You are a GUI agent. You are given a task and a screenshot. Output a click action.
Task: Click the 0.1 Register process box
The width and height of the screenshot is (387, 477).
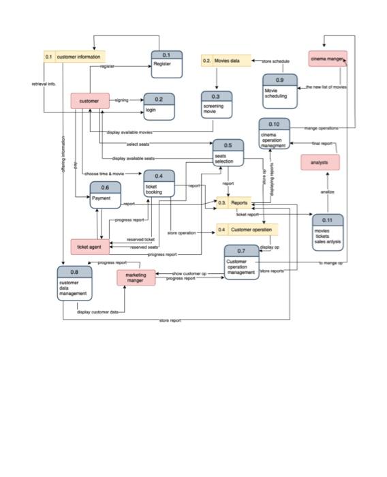pyautogui.click(x=167, y=65)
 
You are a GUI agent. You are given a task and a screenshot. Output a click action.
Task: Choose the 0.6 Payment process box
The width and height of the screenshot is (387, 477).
pyautogui.click(x=106, y=196)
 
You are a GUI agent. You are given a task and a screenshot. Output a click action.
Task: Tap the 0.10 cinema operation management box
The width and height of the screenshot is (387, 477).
pyautogui.click(x=274, y=134)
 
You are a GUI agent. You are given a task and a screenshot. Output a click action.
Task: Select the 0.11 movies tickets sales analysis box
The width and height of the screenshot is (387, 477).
pyautogui.click(x=327, y=232)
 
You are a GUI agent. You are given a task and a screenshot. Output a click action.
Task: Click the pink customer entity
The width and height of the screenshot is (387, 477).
pyautogui.click(x=89, y=101)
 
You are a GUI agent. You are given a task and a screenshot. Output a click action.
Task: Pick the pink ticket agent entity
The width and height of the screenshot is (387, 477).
pyautogui.click(x=89, y=246)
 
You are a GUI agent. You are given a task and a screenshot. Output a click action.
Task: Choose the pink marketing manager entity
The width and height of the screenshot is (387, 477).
pyautogui.click(x=136, y=277)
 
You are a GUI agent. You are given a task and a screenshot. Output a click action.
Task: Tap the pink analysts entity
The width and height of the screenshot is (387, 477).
pyautogui.click(x=320, y=163)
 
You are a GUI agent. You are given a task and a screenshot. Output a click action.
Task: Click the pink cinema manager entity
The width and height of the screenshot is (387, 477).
pyautogui.click(x=327, y=59)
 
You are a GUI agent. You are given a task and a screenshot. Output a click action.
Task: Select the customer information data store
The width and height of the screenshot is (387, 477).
pyautogui.click(x=74, y=57)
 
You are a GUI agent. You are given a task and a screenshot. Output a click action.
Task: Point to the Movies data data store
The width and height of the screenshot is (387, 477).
pyautogui.click(x=226, y=61)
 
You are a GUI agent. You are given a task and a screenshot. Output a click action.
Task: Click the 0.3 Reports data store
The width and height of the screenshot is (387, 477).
pyautogui.click(x=234, y=202)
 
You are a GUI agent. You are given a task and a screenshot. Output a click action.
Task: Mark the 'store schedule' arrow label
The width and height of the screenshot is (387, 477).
pyautogui.click(x=276, y=61)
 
